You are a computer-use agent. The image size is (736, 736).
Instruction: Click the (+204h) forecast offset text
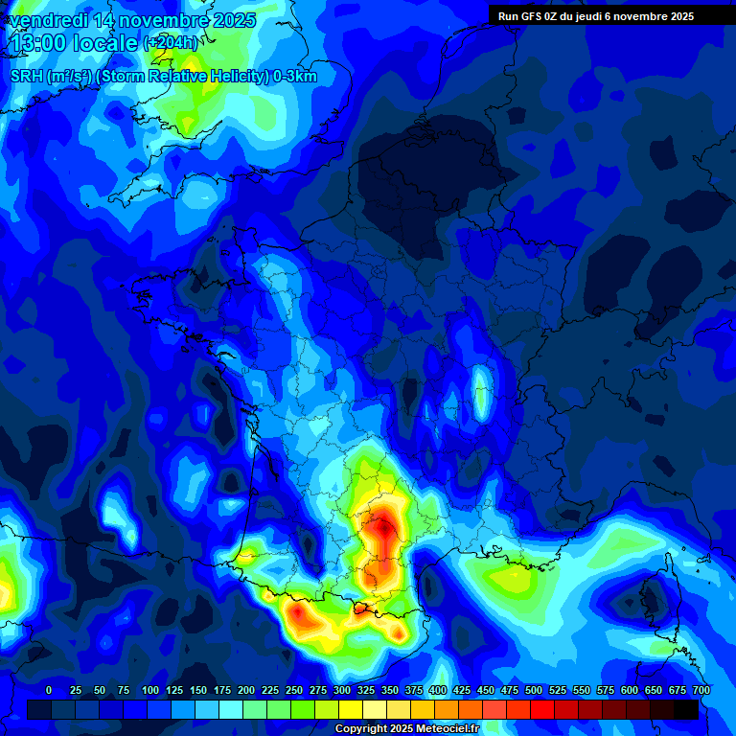[x=171, y=43]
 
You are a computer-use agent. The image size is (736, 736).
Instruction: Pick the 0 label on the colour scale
[x=49, y=690]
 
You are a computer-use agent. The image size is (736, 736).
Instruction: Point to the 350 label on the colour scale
[x=390, y=690]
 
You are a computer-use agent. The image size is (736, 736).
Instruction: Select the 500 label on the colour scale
[x=534, y=690]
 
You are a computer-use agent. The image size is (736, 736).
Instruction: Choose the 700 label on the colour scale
[x=701, y=690]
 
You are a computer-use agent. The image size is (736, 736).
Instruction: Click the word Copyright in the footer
[x=361, y=729]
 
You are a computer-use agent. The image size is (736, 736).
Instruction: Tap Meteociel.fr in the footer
[x=446, y=729]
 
